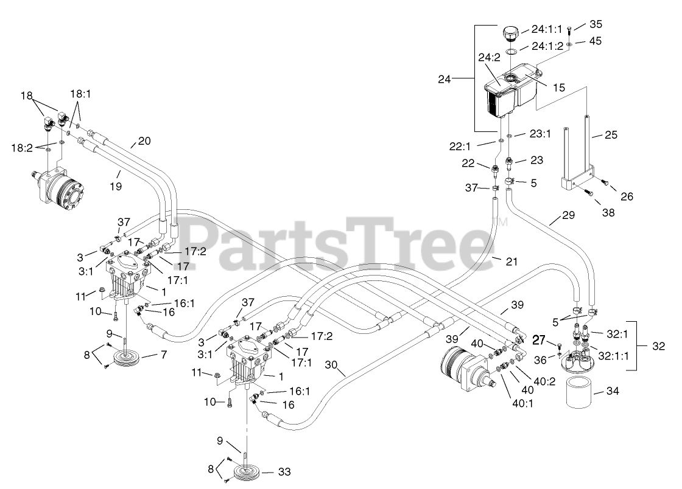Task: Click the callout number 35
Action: [596, 24]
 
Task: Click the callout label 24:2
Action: [489, 58]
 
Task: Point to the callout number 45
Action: [596, 41]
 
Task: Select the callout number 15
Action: [558, 87]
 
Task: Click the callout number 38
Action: [607, 213]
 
